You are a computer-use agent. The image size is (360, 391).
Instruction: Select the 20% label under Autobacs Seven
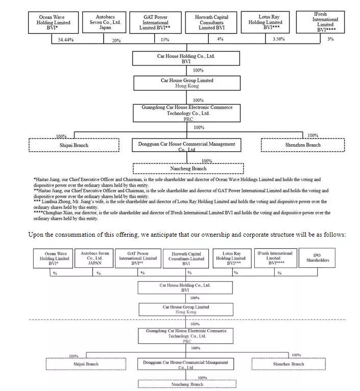(116, 40)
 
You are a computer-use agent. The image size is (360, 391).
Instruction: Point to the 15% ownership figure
(164, 40)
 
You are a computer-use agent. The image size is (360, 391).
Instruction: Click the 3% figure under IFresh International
(330, 39)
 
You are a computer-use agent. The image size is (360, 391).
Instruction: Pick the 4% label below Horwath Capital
(220, 39)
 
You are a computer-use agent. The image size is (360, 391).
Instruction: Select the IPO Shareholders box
(318, 258)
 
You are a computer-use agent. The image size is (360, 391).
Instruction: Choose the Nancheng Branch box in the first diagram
(188, 168)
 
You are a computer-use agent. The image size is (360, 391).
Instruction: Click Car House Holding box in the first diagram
(186, 58)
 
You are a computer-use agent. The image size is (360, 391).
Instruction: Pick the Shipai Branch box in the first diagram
(74, 145)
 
